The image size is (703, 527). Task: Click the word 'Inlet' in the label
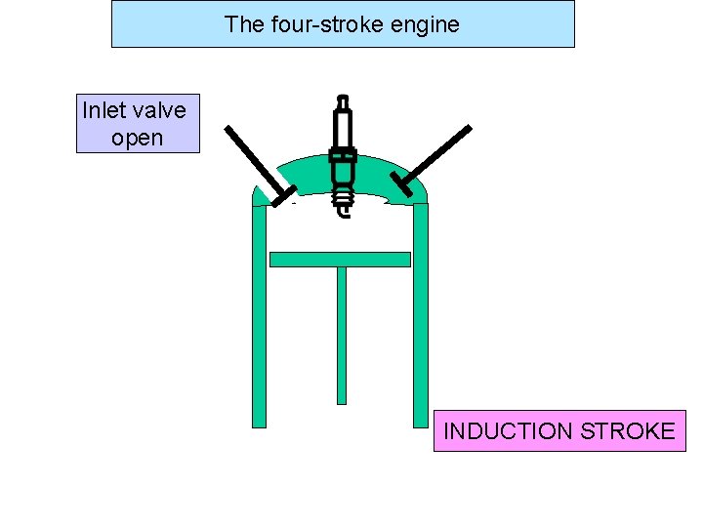pyautogui.click(x=105, y=109)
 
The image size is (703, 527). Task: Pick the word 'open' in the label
pyautogui.click(x=138, y=138)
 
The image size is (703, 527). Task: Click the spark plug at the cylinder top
pyautogui.click(x=342, y=156)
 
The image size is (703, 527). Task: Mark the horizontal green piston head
pyautogui.click(x=340, y=260)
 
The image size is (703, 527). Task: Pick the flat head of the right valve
pyautogui.click(x=401, y=184)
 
